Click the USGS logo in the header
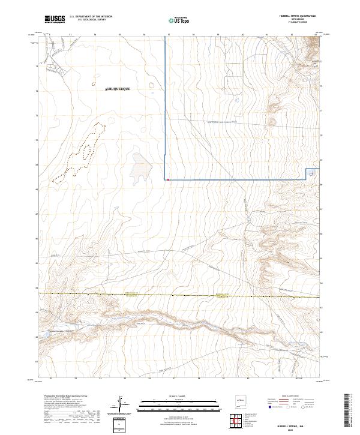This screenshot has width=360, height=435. (55, 19)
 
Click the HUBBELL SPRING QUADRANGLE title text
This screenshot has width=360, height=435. (296, 16)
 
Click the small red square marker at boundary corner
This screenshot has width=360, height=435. (169, 179)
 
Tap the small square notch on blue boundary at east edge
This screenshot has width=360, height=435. (311, 173)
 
